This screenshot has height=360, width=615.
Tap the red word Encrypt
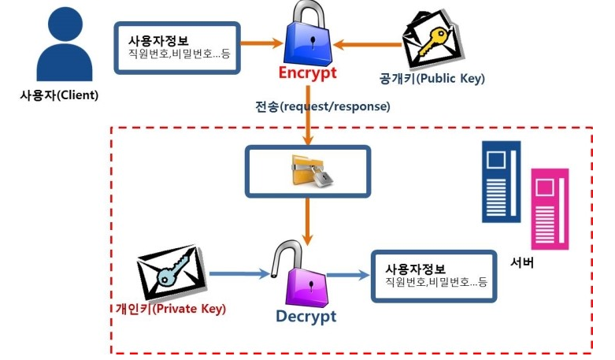[x=306, y=74]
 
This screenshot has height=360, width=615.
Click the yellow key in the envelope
[x=430, y=44]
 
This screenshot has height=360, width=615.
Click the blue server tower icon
[x=501, y=181]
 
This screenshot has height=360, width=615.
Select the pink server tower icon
[x=549, y=208]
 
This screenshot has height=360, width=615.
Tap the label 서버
[x=522, y=262]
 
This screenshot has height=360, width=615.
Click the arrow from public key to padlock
[x=367, y=46]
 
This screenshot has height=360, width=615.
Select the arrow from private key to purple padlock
[x=240, y=274]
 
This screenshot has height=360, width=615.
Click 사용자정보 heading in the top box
[x=157, y=40]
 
